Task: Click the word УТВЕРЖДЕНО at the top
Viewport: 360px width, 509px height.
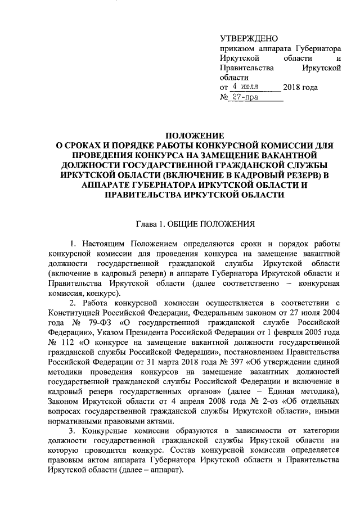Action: coord(249,39)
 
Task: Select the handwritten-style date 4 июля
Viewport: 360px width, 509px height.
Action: coord(245,87)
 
